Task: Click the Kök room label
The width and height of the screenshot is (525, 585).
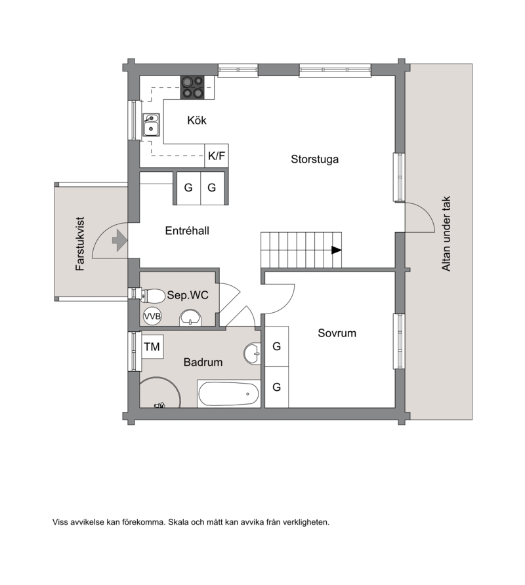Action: tap(197, 120)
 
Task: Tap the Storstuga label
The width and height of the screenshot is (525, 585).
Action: tap(314, 159)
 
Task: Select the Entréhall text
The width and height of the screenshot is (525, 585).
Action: tap(186, 231)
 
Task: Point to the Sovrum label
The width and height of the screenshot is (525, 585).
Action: tap(337, 333)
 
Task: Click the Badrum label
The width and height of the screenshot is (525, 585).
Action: tap(203, 362)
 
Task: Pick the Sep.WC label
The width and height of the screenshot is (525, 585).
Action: tap(188, 295)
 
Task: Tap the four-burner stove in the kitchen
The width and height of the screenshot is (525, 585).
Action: tap(192, 88)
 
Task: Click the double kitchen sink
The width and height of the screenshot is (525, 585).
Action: tap(151, 125)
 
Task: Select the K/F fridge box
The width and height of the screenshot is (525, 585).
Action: tap(217, 155)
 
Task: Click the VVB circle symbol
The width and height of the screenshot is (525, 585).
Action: tap(152, 316)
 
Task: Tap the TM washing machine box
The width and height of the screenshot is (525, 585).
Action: tap(152, 346)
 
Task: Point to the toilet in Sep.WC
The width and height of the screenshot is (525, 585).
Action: tap(153, 296)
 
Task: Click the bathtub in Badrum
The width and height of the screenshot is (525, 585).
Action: tap(228, 394)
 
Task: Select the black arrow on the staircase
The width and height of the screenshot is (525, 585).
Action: tap(337, 250)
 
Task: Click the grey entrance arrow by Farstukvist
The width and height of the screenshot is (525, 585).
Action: tap(119, 240)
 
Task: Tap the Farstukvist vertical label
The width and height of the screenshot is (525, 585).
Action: tap(80, 243)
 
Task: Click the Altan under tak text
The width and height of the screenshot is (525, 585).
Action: tap(446, 233)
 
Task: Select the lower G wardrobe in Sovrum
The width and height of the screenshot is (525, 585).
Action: tap(277, 387)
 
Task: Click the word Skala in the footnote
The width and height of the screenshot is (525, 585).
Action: tap(178, 522)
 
